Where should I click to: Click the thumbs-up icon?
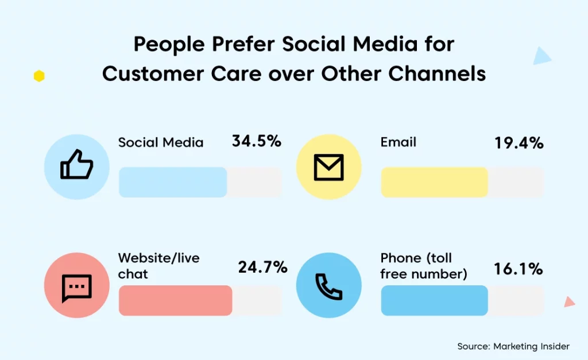pos(76,164)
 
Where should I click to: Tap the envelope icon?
pos(328,167)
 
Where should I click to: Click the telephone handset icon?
pos(328,287)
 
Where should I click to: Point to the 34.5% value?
pos(257,141)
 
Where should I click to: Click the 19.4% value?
pos(519,143)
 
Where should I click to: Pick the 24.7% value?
pos(262,267)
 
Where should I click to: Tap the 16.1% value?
pos(519,269)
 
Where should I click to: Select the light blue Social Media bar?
pos(173,182)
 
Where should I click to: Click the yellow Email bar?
pos(434,182)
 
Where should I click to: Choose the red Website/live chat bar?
pos(176,300)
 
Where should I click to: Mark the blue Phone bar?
pos(434,300)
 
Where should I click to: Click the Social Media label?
pos(161,142)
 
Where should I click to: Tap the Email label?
pos(399,142)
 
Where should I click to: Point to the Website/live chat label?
pos(158,266)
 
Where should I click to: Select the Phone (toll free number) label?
pos(424,266)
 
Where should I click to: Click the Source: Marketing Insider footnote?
pos(513,346)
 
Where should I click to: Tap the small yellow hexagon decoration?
pos(39,76)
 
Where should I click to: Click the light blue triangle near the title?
pos(541,56)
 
